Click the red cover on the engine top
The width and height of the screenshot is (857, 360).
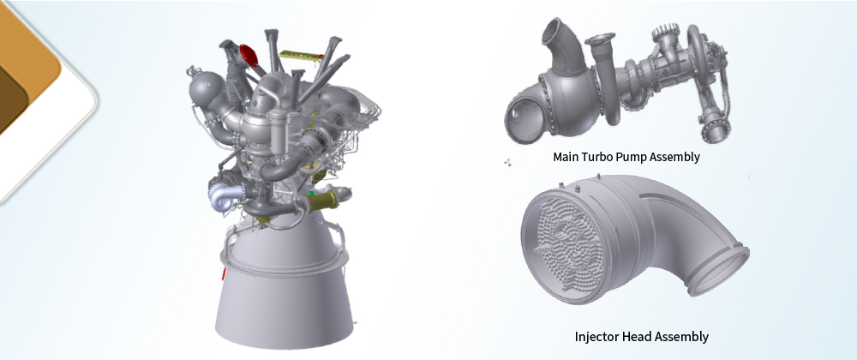point(249,55)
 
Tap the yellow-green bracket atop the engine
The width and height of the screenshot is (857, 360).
point(301,55)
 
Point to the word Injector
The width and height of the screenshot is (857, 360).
point(596,337)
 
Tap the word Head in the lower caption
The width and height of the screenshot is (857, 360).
point(636,336)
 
